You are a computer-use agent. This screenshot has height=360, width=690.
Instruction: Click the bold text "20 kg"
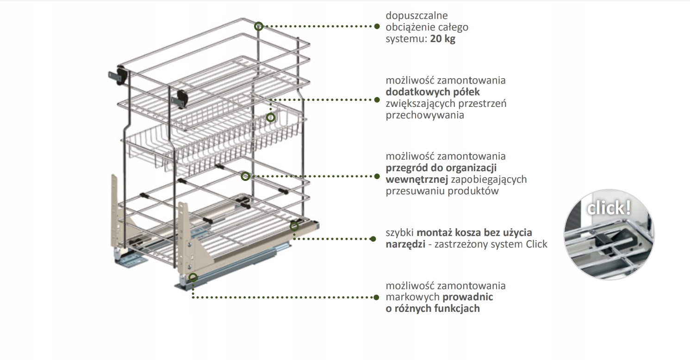click(442, 39)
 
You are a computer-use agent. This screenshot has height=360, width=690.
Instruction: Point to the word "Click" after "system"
click(536, 244)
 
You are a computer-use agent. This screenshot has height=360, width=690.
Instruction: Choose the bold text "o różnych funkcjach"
click(433, 308)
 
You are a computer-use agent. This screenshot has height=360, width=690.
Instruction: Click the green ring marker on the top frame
click(259, 26)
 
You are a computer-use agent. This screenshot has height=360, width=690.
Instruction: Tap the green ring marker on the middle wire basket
click(271, 118)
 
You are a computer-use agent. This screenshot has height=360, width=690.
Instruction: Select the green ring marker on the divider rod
click(245, 176)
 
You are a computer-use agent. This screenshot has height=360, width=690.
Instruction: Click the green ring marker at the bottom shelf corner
click(293, 226)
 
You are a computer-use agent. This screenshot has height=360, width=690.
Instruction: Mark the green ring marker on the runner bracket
click(193, 277)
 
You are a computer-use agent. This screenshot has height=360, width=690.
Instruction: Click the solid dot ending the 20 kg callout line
click(376, 27)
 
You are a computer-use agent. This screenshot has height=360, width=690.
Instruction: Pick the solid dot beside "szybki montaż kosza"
click(373, 239)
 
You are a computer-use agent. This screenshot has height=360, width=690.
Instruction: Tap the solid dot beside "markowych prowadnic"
click(376, 297)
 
